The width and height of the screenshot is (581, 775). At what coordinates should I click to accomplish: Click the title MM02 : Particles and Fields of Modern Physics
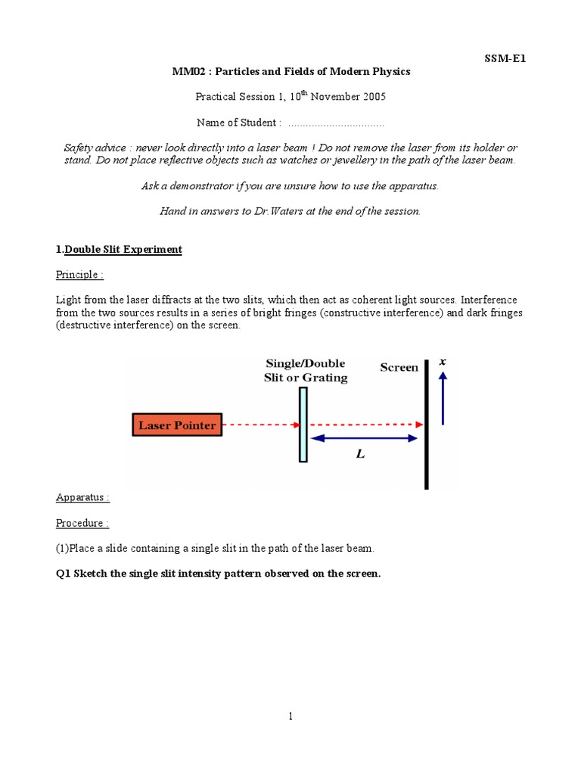point(290,72)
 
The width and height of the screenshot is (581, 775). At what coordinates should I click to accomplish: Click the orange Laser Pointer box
point(176,425)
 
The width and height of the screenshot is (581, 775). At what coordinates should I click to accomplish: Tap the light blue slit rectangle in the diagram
point(303,424)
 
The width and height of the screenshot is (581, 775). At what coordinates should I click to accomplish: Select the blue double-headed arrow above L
point(365,438)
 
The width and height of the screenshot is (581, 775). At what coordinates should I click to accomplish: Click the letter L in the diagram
point(361,455)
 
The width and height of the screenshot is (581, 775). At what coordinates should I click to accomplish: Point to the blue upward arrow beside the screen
point(443,401)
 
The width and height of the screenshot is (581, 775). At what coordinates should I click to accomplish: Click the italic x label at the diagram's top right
point(443,363)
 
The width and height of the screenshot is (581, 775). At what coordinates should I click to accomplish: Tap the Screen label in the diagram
point(399,368)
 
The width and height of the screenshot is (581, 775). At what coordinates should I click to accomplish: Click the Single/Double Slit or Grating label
point(306,371)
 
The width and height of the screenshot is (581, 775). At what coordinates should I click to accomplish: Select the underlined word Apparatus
point(82,497)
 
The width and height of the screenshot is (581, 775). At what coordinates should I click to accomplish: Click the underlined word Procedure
point(82,523)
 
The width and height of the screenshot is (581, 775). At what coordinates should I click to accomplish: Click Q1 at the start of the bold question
point(63,574)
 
